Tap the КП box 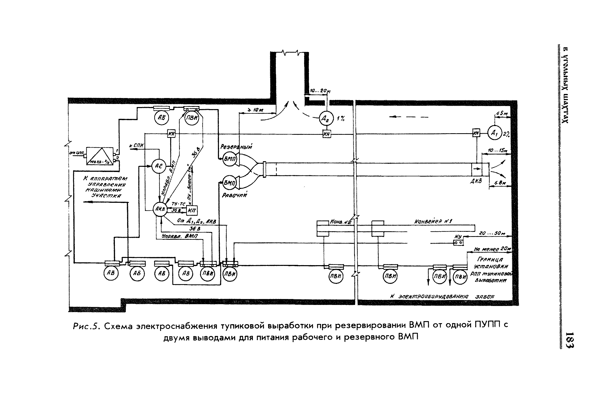point(192,211)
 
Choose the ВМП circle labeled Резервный point(230,159)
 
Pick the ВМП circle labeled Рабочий point(230,183)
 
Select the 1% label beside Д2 point(341,119)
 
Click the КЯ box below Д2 point(327,134)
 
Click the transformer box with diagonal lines point(99,156)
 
